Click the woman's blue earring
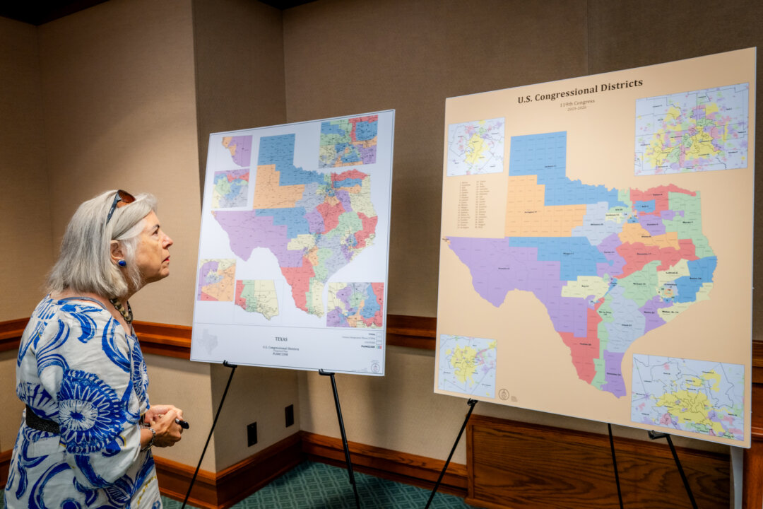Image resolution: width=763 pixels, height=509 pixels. pos(122,263)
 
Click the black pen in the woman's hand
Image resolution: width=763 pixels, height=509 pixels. pos(181,423)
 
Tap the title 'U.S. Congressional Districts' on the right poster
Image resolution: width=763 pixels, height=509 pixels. pos(579,91)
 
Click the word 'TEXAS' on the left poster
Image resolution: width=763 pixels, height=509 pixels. pos(281,339)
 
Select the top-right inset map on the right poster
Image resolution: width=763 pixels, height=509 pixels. pos(690,128)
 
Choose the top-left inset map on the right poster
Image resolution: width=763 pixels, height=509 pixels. pos(475,146)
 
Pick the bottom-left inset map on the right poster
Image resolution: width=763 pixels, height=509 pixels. pos(467,365)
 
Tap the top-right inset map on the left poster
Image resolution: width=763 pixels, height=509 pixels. pos(348,141)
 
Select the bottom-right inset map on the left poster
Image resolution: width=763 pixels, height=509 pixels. pos(355,305)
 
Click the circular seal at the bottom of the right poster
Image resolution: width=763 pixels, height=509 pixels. pos(503,394)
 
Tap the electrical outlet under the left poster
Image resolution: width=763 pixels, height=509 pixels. pos(252,433)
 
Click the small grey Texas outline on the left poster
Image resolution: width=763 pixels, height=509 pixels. pos(208,341)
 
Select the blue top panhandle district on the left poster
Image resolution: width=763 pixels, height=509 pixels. pos(277,151)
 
